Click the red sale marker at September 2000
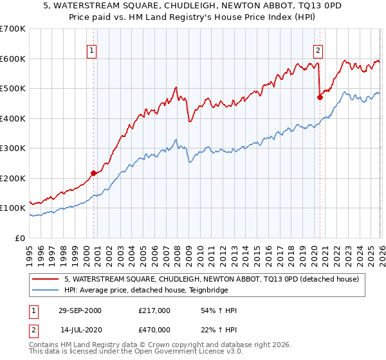coord(94,173)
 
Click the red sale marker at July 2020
coord(319,98)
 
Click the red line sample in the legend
coord(46,279)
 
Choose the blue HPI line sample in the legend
coord(46,290)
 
